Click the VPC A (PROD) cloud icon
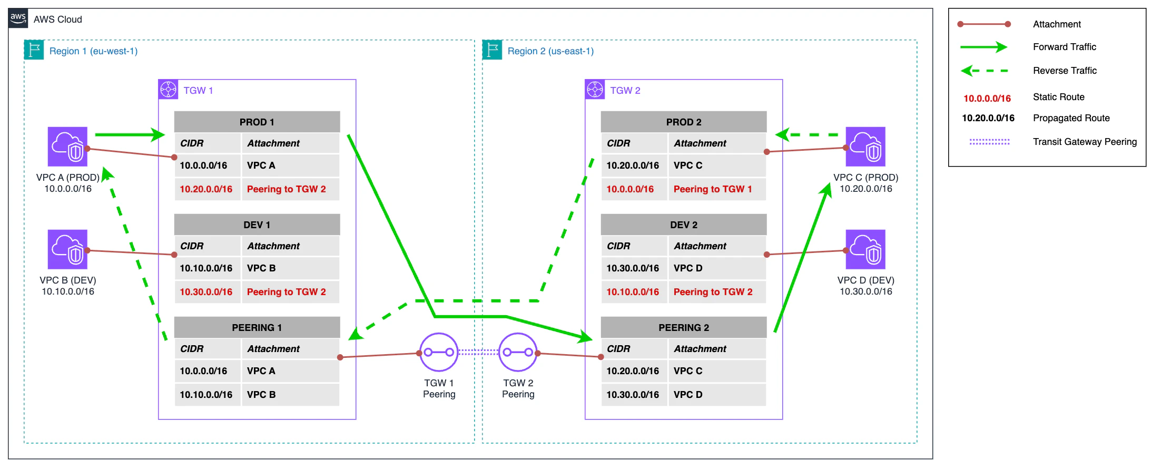67,147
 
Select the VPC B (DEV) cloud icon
67,249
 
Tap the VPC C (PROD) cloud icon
865,147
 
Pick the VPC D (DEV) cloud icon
865,249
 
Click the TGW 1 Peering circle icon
439,352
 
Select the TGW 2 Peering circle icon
518,352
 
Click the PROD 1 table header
257,122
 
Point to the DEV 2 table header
683,225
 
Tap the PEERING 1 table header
257,327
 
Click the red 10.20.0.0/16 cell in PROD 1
206,189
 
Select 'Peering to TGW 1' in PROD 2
713,189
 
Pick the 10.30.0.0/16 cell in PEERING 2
633,395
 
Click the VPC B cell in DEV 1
261,268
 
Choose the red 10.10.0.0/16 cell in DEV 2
633,292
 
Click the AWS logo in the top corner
18,18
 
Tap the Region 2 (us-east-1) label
550,51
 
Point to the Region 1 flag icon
34,50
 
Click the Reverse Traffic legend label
1065,71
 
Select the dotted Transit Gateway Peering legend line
989,142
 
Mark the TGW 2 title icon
595,90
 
